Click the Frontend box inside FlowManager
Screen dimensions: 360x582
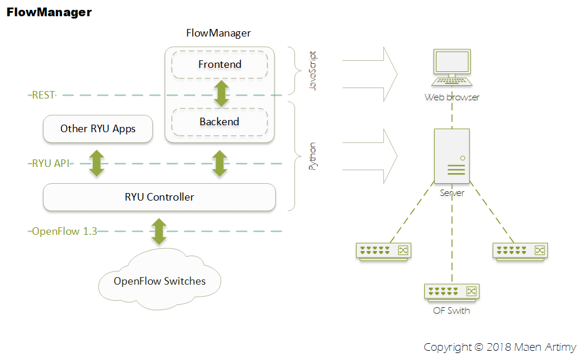point(219,64)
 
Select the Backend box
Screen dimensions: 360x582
point(219,122)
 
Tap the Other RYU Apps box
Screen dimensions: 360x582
point(98,129)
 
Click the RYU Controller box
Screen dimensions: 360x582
point(159,197)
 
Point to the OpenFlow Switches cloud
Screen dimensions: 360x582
point(159,282)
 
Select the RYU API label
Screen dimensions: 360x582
point(50,163)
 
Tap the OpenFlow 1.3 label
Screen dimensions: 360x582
point(64,231)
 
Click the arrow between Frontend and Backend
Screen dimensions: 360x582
point(220,93)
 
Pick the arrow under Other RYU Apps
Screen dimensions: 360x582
point(97,163)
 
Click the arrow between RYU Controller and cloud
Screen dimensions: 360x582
point(158,231)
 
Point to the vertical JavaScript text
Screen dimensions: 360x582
point(314,71)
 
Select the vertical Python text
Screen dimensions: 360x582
point(313,155)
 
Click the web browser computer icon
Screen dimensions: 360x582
point(452,68)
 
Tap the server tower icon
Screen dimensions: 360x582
point(452,157)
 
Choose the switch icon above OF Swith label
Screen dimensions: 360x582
point(452,292)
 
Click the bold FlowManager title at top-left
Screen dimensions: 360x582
point(49,12)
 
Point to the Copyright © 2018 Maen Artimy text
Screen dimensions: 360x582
point(500,347)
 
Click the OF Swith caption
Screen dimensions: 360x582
point(452,311)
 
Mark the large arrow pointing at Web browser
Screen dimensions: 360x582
point(371,74)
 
